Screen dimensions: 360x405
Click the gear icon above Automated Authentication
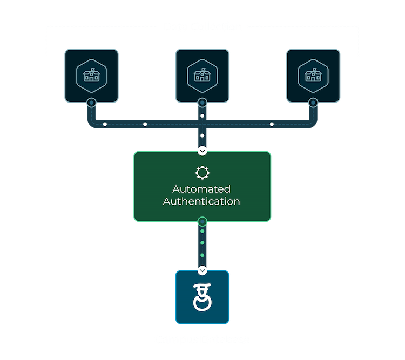coord(202,173)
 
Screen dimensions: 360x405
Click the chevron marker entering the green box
coord(202,151)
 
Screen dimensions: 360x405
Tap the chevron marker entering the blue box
coord(202,269)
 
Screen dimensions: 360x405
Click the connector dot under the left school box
coord(91,102)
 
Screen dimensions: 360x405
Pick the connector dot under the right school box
coord(313,102)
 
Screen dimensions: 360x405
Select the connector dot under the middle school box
coord(202,102)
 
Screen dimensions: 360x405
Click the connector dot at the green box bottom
coord(202,221)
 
